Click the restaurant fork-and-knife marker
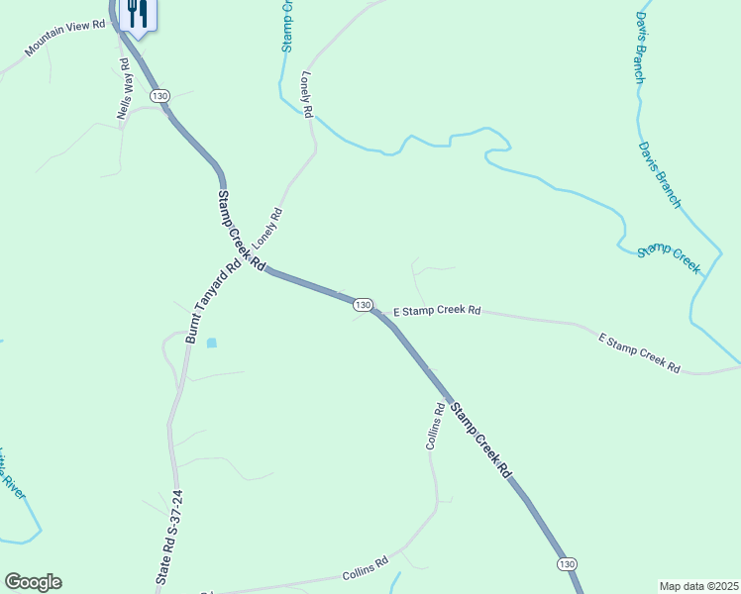coord(136,14)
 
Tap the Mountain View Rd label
coord(65,38)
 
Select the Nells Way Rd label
coord(124,90)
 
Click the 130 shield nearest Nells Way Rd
coord(160,95)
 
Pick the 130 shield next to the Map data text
coord(566,563)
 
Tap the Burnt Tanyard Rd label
coord(213,301)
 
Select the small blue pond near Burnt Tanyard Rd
coord(211,344)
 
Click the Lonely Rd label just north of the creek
coord(307,95)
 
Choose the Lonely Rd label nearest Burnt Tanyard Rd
coord(267,228)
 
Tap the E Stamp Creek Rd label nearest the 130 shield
coord(437,311)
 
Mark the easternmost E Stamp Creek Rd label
coord(640,353)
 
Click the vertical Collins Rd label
coord(433,427)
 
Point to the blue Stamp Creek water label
coord(669,258)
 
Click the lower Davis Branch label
coord(660,175)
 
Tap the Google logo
coord(33,582)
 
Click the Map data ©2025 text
coord(698,586)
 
